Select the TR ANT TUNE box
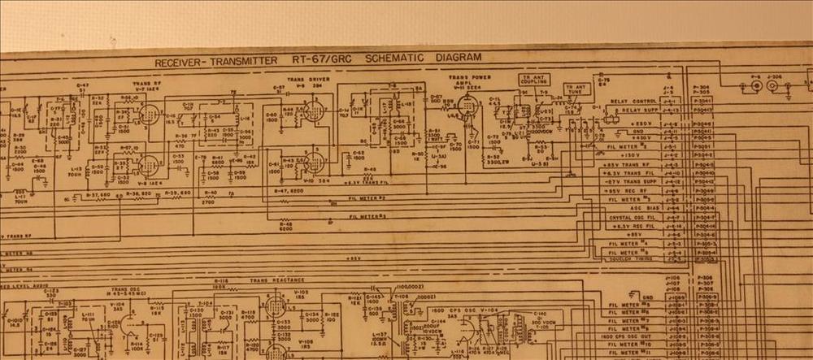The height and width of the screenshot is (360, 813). point(576,89)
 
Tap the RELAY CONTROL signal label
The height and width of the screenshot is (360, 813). point(633,102)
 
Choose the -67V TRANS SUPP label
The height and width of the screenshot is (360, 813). point(625,181)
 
